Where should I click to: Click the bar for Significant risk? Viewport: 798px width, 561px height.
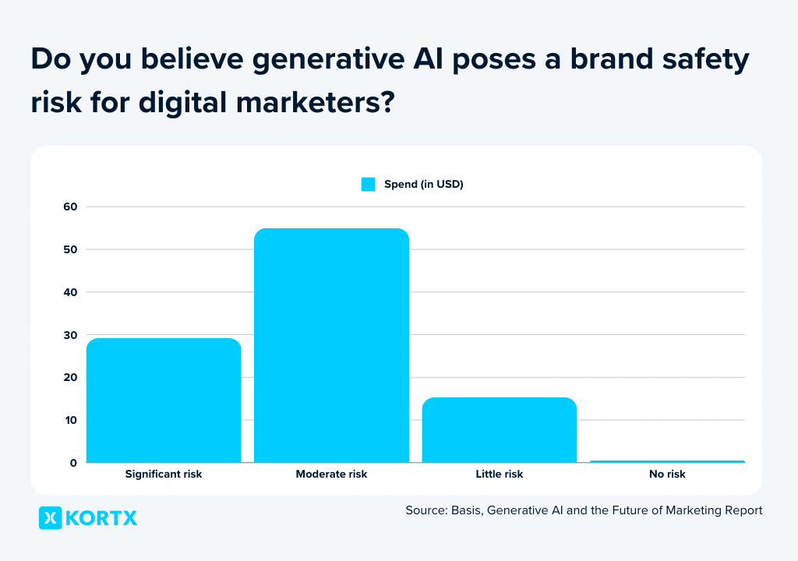click(164, 400)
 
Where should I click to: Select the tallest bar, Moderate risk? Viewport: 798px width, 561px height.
click(331, 346)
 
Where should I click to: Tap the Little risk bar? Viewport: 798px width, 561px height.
click(499, 430)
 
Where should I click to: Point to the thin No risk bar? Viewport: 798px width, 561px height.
click(667, 461)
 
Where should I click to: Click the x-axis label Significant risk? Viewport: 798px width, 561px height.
click(164, 474)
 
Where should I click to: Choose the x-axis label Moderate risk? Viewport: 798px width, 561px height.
click(331, 474)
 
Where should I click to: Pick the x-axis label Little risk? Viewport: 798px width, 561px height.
click(499, 474)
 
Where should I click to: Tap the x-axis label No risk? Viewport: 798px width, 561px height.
click(667, 474)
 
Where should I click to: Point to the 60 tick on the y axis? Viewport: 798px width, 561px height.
click(70, 206)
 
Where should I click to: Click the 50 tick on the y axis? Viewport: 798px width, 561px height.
click(70, 249)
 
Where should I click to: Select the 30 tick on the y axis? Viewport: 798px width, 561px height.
click(70, 335)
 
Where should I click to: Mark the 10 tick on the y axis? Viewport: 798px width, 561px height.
click(70, 421)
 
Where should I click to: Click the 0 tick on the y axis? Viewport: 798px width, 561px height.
click(73, 463)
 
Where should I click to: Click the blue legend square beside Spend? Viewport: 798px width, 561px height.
click(368, 185)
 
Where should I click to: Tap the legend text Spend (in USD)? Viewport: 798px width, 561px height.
click(424, 185)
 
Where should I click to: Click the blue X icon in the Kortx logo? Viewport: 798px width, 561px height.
click(50, 518)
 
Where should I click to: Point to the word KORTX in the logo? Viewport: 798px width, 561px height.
click(101, 518)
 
